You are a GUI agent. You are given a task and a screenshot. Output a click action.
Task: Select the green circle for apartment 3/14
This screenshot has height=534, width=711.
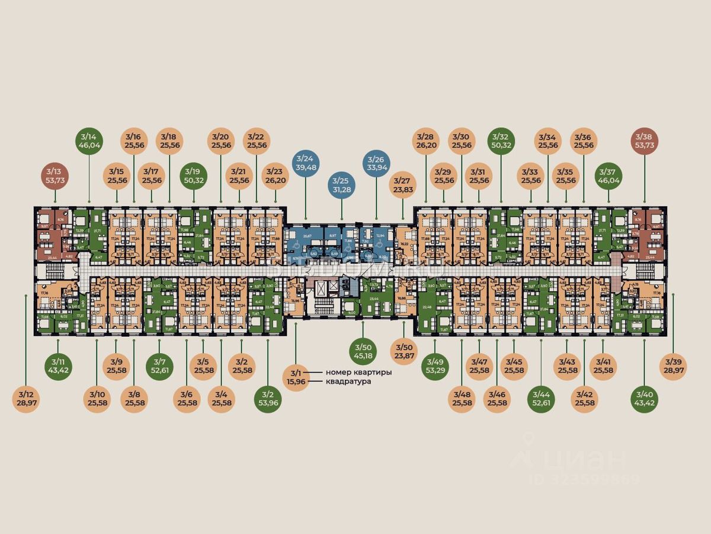(89, 140)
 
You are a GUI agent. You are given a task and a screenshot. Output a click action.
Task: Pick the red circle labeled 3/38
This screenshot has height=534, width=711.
(645, 140)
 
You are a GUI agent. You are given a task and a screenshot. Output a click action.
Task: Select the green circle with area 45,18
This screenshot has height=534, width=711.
(362, 351)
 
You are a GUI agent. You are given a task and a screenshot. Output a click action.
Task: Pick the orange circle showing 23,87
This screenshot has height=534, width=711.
(403, 351)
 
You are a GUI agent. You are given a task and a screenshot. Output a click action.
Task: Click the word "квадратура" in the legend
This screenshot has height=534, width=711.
(348, 382)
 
